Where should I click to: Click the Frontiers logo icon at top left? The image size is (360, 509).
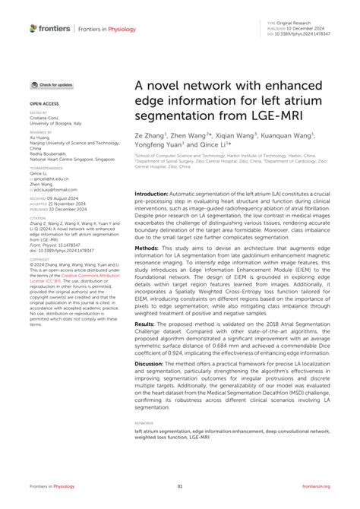point(33,28)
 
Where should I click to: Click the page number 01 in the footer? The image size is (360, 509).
point(180,486)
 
